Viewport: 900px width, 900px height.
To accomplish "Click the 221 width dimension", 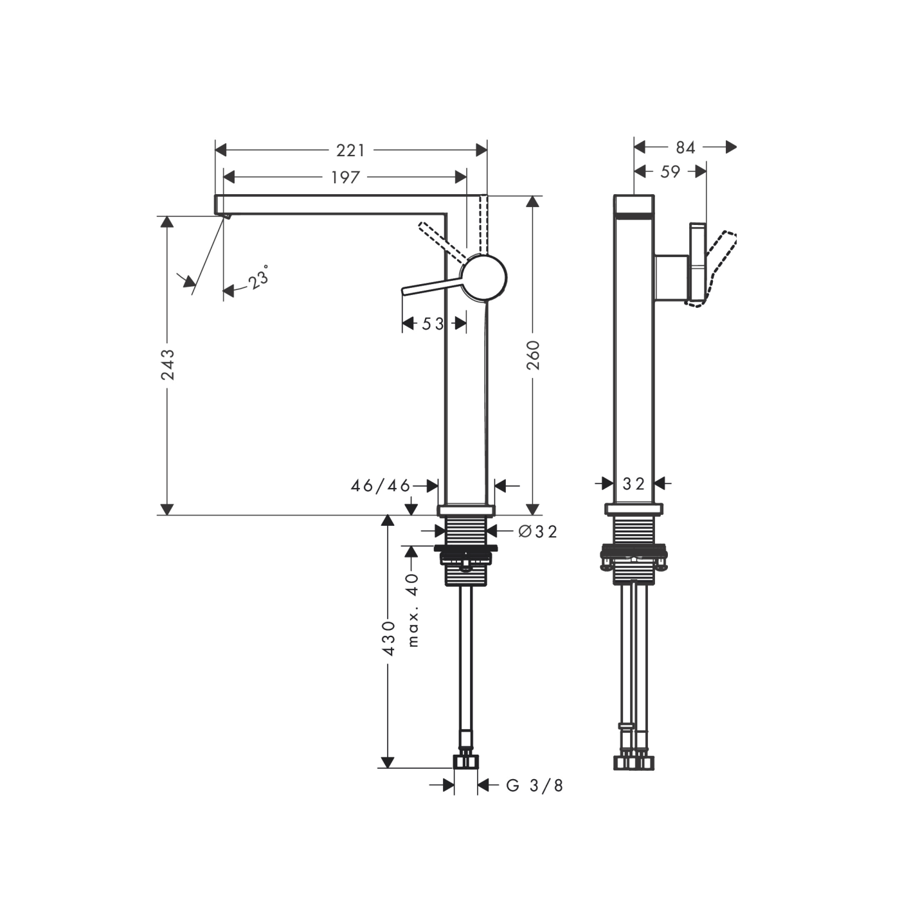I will pos(350,150).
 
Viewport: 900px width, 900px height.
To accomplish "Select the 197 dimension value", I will pos(345,177).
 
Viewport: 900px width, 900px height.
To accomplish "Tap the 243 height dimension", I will pos(168,364).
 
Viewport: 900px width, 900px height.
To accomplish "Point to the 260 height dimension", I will pos(533,355).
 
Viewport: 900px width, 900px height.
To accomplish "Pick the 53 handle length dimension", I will pos(433,324).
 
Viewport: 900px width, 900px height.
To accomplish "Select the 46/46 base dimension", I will pos(380,486).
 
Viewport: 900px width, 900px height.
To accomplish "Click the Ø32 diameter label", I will pos(537,532).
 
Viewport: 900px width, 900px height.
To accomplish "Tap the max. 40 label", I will pos(413,609).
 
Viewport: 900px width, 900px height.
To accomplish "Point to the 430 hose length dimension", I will pos(388,638).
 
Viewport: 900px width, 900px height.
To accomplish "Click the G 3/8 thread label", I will pos(535,786).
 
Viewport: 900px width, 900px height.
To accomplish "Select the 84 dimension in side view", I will pos(685,148).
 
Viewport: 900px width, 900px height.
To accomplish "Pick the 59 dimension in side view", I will pos(670,172).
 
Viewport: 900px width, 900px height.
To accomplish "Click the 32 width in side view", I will pos(634,483).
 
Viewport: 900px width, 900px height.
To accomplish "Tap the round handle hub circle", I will pos(485,278).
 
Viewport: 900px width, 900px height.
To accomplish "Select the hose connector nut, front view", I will pos(466,762).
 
